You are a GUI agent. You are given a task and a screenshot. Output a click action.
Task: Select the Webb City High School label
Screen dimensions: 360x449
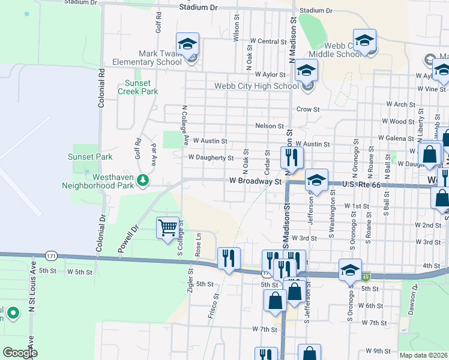[256, 86]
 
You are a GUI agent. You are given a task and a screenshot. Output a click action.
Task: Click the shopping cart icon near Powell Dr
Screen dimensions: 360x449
[168, 227]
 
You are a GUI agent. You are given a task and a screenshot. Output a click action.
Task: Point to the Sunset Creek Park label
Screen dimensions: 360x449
[141, 88]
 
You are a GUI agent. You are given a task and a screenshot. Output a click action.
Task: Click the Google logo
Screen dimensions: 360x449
[20, 353]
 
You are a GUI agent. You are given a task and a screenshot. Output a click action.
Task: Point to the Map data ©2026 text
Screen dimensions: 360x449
[423, 355]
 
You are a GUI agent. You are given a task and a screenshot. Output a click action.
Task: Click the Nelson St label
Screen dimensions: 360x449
[269, 126]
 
